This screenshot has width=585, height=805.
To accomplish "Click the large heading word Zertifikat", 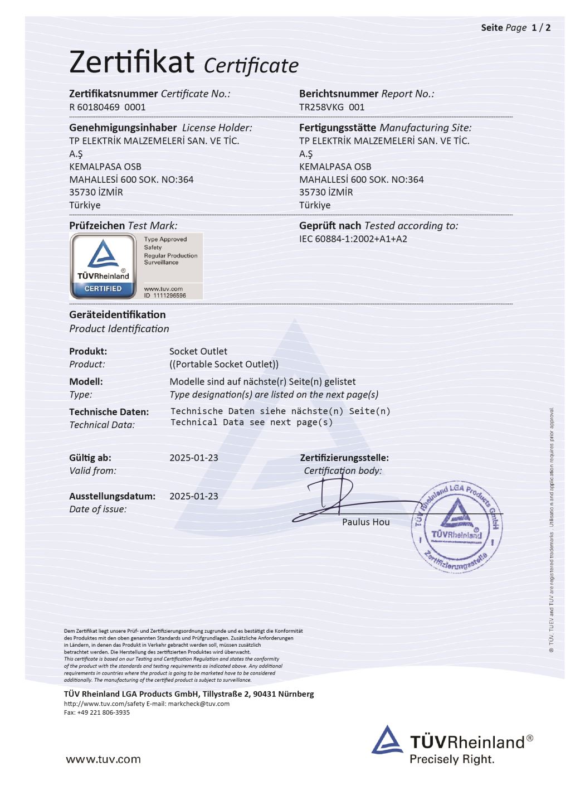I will (131, 62).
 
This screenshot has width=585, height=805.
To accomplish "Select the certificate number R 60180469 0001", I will (107, 107).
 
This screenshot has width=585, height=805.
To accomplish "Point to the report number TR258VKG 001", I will (331, 107).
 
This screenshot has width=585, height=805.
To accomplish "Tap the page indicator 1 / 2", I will (541, 28).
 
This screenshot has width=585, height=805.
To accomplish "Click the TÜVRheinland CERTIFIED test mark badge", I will (103, 265).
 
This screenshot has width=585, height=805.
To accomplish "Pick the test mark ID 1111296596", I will (165, 295).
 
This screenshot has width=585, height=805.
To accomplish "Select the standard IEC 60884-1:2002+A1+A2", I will (353, 239).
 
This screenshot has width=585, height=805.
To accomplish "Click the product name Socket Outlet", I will (198, 351).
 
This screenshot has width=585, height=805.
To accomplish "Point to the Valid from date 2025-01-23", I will (194, 458).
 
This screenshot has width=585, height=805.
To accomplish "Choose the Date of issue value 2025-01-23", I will (194, 496).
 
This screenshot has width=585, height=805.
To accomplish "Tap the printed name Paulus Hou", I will (366, 522).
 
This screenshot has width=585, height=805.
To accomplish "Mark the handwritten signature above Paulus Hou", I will (334, 499).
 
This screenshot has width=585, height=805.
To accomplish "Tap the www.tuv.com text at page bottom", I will (103, 759).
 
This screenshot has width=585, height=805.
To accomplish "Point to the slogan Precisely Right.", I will (452, 759).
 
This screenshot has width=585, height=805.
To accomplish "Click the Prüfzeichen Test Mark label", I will (123, 226).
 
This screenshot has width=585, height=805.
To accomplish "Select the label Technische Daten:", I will (109, 412).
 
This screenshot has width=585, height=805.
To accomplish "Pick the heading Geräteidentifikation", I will (118, 314).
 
